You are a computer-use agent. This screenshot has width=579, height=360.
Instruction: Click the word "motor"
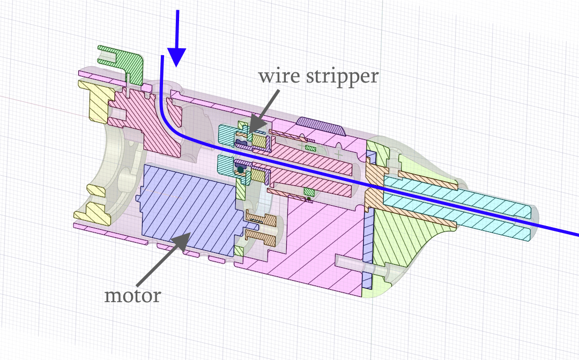point(132,296)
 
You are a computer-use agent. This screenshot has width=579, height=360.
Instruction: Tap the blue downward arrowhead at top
point(176,57)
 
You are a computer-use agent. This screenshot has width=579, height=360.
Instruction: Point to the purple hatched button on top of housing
point(321,126)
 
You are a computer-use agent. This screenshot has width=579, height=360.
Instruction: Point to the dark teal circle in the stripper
point(241,170)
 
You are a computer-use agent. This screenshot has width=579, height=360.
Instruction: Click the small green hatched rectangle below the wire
point(309,192)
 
